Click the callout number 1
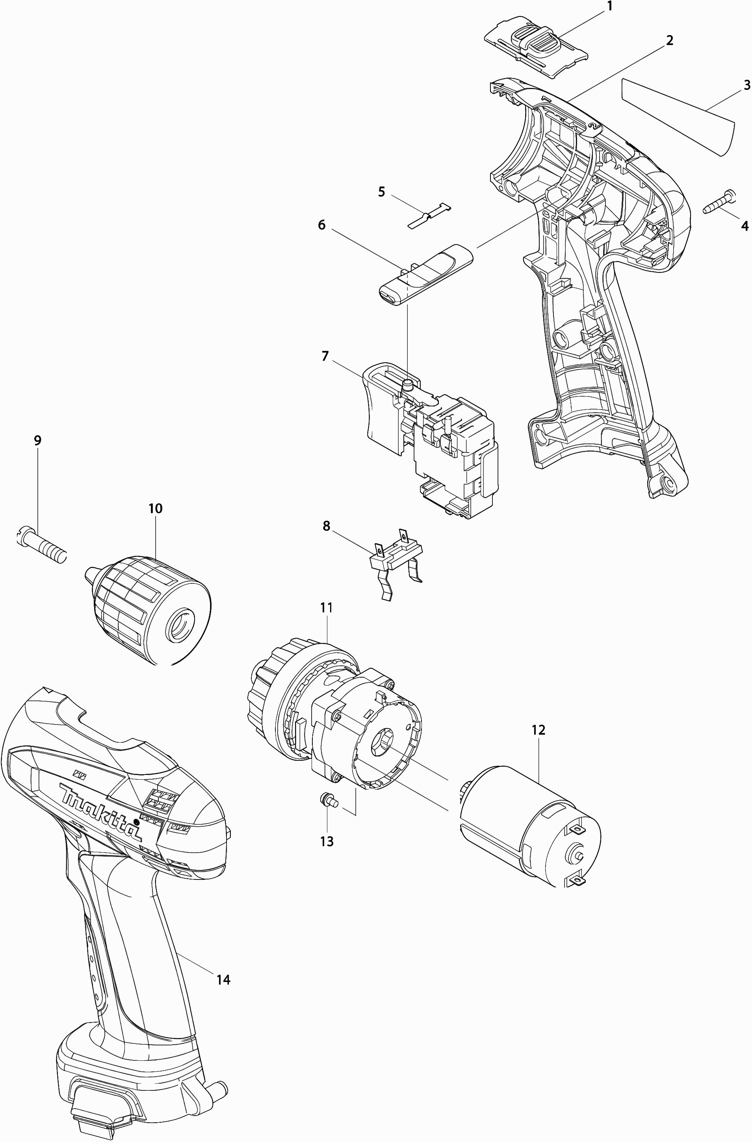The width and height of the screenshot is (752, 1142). click(x=610, y=7)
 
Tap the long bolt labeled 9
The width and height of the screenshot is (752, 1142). click(x=41, y=545)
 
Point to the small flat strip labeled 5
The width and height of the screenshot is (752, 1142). click(x=430, y=214)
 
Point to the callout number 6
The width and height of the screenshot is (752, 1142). click(x=322, y=225)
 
